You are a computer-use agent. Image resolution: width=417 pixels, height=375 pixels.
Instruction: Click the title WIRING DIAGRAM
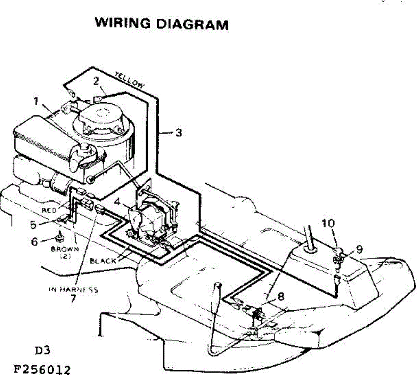(162, 24)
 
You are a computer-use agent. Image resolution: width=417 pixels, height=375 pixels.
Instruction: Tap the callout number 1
(36, 101)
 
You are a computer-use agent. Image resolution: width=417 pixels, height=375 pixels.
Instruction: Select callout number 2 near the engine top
(96, 81)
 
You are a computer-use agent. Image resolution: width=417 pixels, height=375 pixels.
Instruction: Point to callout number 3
(178, 133)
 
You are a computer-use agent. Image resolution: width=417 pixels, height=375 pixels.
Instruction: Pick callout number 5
(33, 224)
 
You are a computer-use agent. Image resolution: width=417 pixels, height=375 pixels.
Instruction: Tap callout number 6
(34, 241)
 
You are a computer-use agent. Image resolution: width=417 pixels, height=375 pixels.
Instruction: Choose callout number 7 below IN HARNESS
(73, 299)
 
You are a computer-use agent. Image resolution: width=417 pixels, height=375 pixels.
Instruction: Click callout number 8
(281, 296)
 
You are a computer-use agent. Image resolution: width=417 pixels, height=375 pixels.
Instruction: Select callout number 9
(359, 249)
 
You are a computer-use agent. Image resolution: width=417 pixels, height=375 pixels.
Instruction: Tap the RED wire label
(49, 210)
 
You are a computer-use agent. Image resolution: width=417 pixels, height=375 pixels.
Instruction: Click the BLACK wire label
(103, 261)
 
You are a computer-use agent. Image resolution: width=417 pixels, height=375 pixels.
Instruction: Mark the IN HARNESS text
(73, 289)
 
